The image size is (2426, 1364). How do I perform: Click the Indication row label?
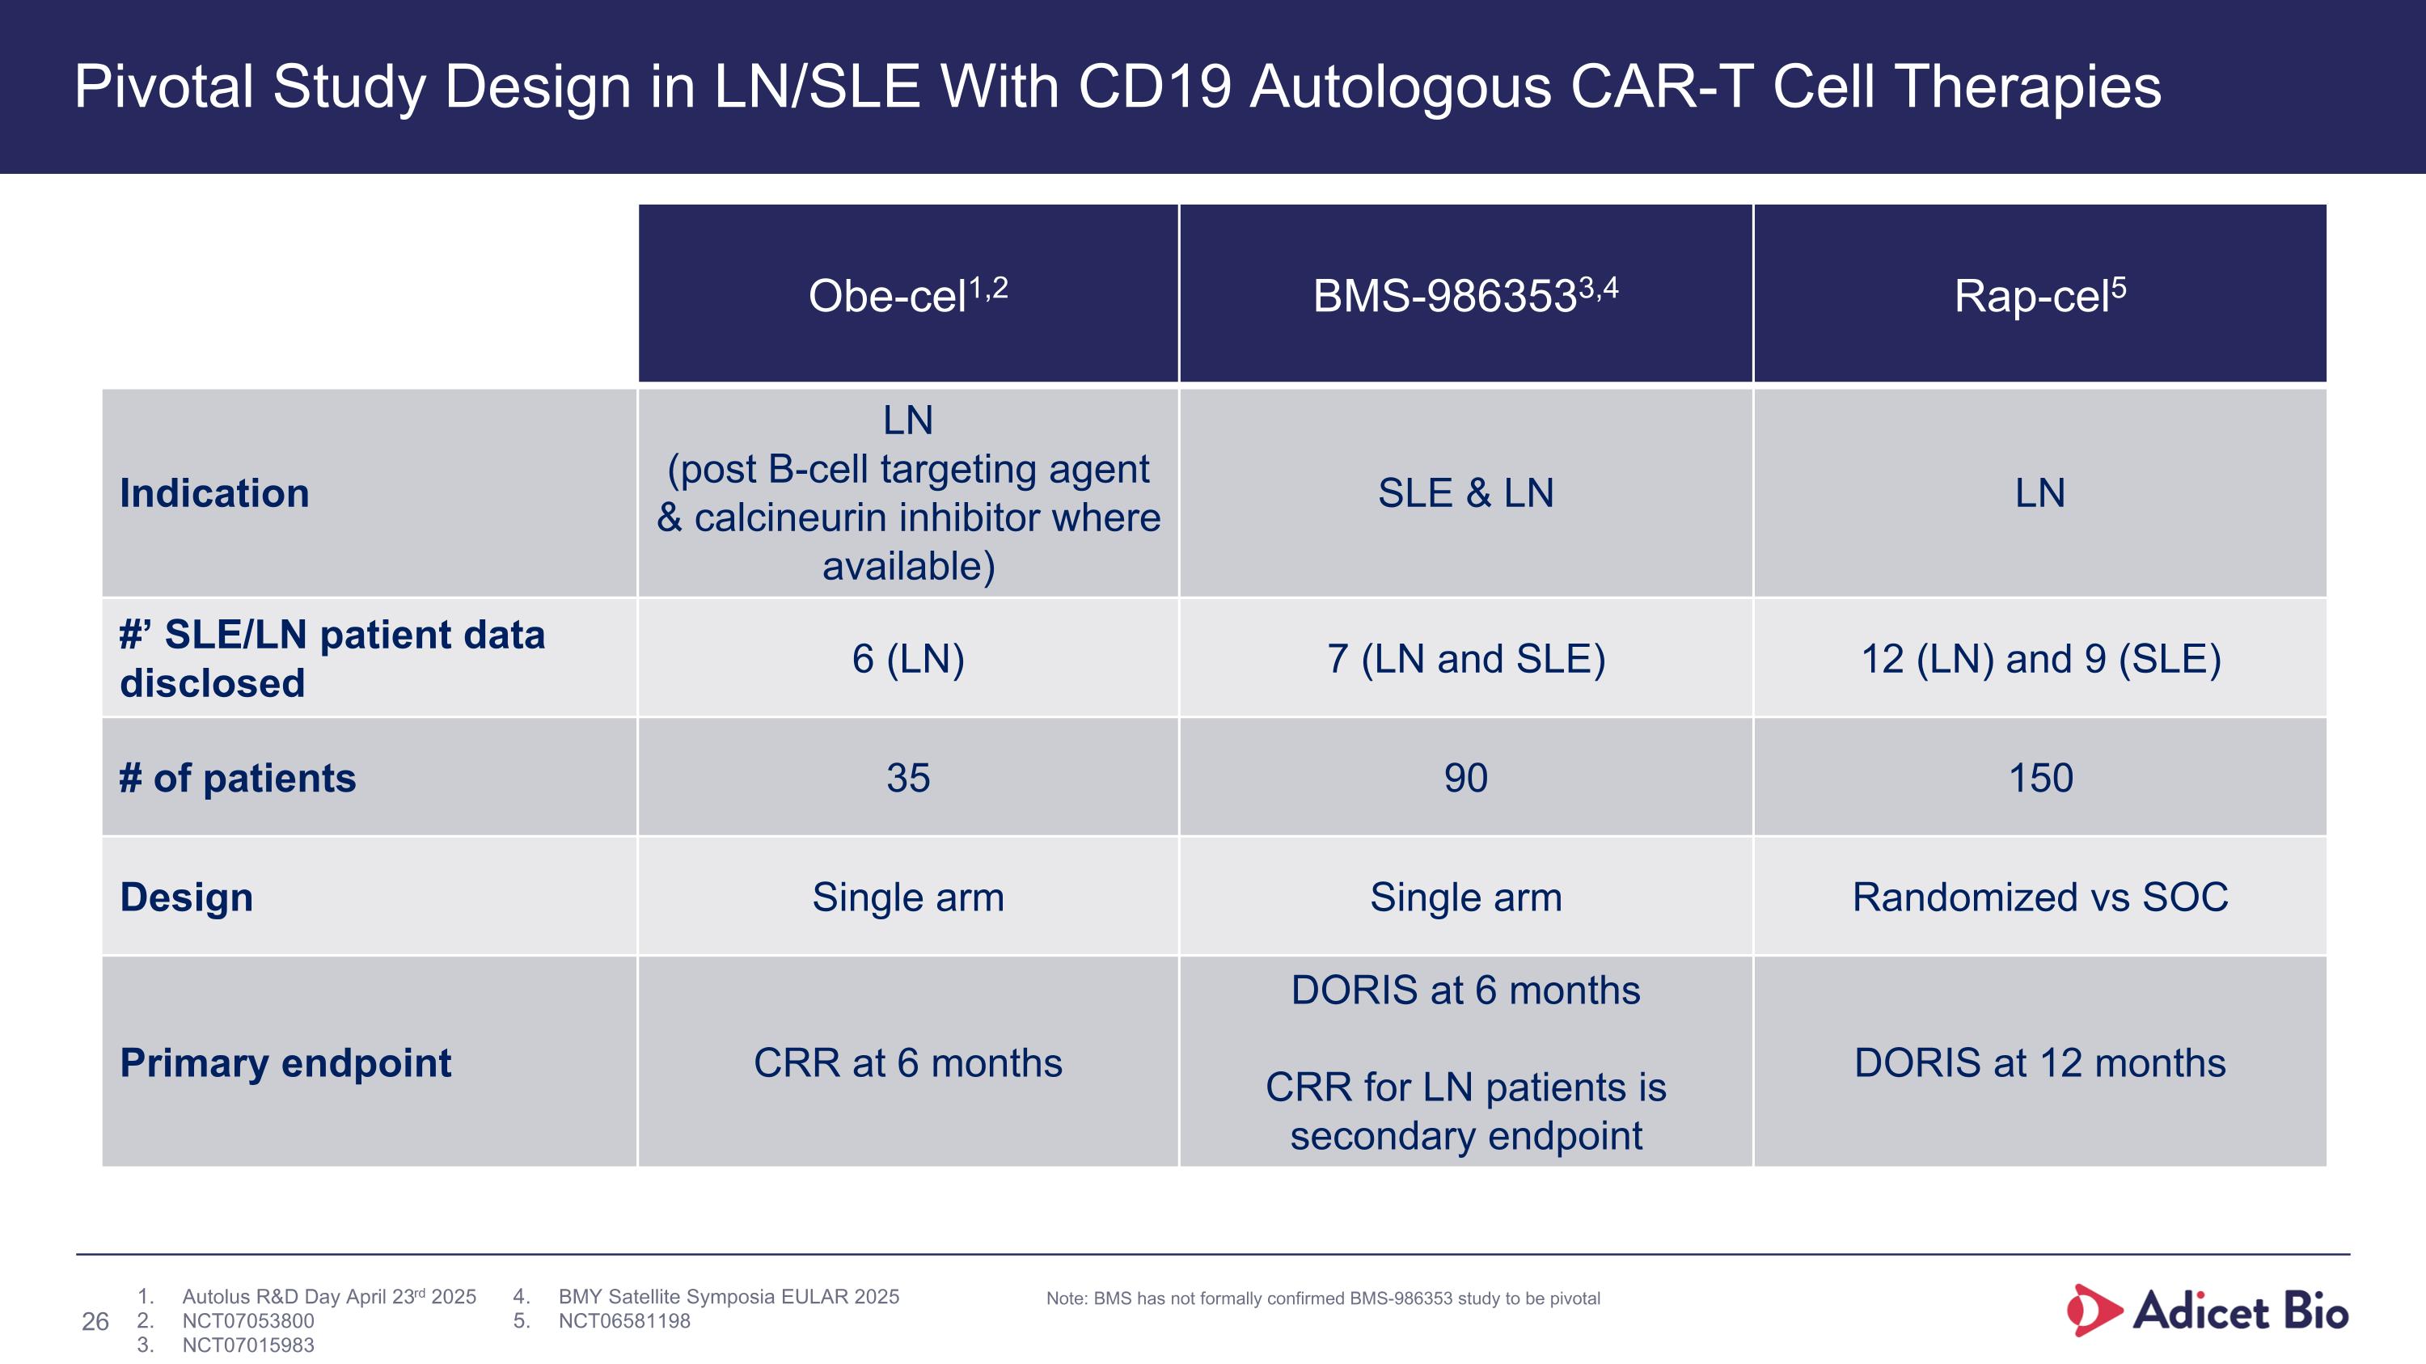[215, 493]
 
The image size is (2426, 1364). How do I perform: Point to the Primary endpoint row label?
[285, 1062]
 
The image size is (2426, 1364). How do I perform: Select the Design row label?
[187, 897]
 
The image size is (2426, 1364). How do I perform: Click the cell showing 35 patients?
[908, 778]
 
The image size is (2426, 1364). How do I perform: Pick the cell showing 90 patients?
[1465, 778]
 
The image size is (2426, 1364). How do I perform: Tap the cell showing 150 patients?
[2041, 778]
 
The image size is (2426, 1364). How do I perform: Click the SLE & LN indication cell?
[1465, 493]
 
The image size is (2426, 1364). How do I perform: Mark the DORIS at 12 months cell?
[2040, 1062]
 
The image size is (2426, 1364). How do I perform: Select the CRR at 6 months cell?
[908, 1062]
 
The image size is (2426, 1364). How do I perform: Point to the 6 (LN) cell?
[908, 659]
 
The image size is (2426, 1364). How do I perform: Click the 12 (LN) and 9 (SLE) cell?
[2041, 659]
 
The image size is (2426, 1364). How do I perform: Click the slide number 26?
[95, 1322]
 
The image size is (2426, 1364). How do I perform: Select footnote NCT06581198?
[624, 1320]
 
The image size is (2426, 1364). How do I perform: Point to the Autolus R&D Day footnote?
[328, 1296]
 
